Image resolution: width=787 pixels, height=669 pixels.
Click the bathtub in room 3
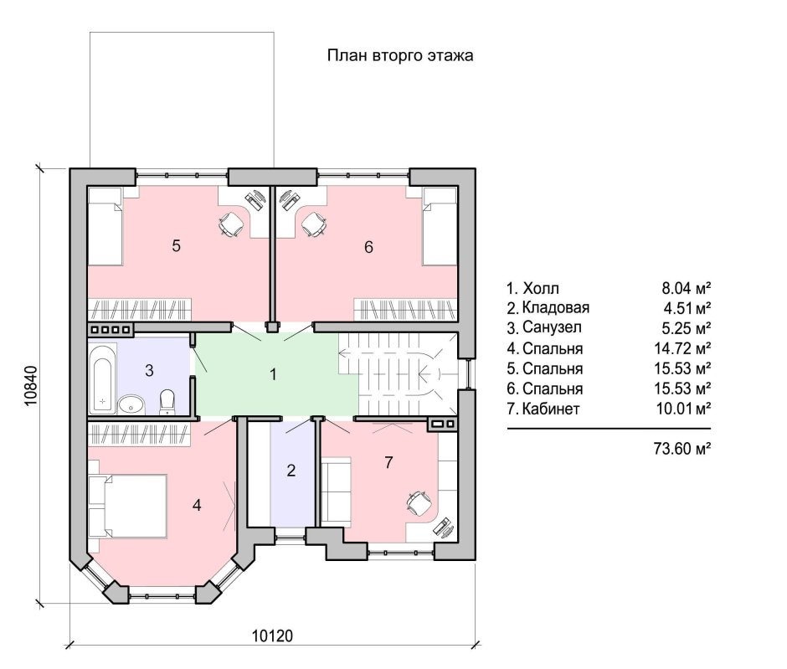[x=102, y=378]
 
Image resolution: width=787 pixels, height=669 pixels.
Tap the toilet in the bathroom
[x=167, y=402]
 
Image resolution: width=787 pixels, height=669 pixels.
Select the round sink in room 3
[x=131, y=404]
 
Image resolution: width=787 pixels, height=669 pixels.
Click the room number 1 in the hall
[x=273, y=374]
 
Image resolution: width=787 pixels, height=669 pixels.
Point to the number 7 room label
[x=388, y=462]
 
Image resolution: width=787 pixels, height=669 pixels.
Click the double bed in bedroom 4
[x=127, y=506]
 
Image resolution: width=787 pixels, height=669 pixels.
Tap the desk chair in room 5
[x=230, y=224]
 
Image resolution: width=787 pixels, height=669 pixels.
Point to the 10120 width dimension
[x=272, y=636]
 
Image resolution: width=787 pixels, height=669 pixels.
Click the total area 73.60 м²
[x=682, y=448]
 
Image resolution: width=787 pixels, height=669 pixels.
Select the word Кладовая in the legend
[x=556, y=307]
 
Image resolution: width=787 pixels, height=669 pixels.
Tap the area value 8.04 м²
[x=687, y=288]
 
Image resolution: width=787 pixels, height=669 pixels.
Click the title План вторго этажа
[x=400, y=55]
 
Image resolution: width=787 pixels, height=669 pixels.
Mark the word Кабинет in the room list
[x=551, y=409]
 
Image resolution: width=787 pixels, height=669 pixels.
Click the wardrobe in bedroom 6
[x=405, y=310]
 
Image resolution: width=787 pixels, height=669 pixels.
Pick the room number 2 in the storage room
[x=291, y=471]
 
